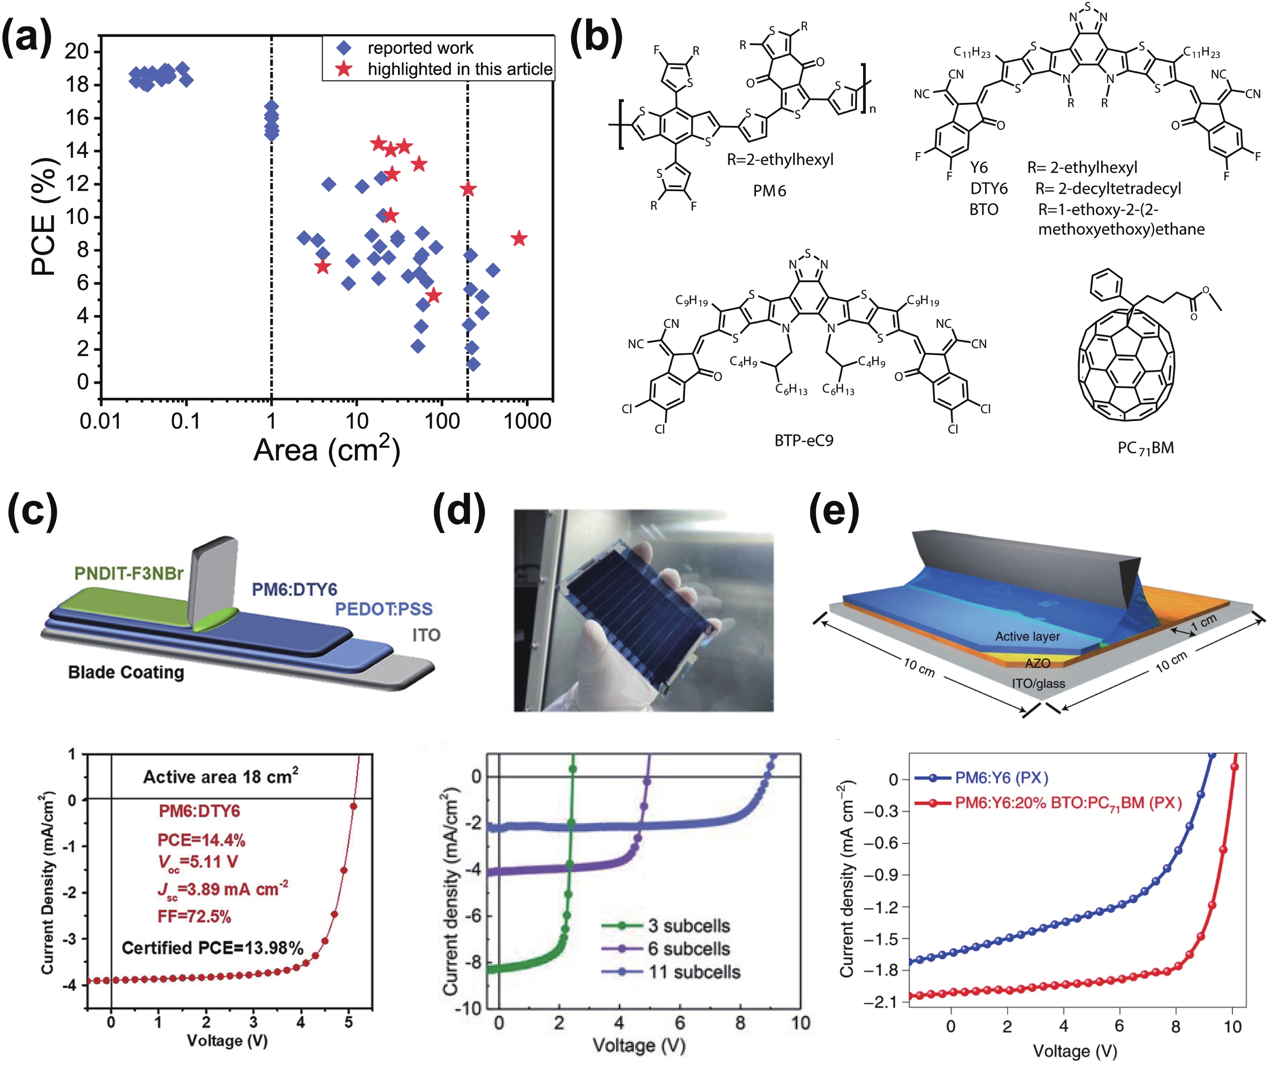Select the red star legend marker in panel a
coord(344,69)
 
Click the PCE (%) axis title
coord(44,217)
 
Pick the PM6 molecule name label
coord(769,191)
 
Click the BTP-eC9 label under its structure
coord(803,440)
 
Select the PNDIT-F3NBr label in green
coord(129,574)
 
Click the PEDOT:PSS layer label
coord(383,609)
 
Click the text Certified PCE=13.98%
coord(212,948)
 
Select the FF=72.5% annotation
coord(194,916)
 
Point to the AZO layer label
coord(1037,663)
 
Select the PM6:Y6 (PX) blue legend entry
coord(1001,778)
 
